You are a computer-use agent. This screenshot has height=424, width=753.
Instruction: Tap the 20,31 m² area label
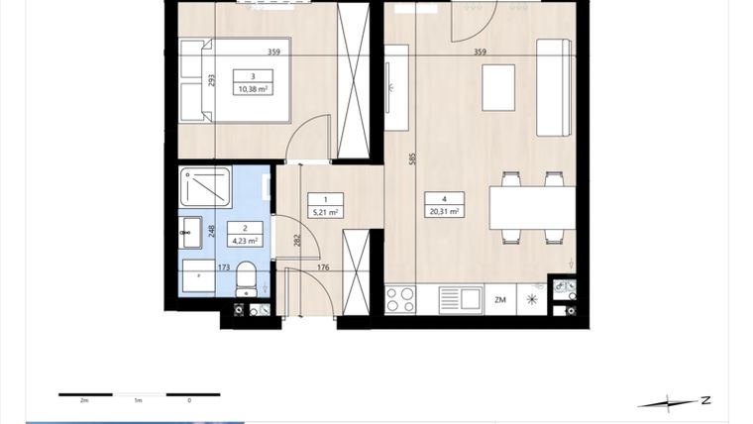443,211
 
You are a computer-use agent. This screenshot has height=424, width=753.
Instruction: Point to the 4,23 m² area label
245,240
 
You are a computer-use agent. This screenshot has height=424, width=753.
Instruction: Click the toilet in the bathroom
248,279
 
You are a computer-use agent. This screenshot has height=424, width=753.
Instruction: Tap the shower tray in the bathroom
205,186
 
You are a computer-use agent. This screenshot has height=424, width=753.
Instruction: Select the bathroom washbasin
189,235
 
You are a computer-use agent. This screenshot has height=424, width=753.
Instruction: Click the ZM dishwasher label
500,298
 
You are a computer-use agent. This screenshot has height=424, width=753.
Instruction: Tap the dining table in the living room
532,208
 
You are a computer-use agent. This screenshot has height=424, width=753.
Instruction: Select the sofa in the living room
554,87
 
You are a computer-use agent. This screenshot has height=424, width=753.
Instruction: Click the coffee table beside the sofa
499,87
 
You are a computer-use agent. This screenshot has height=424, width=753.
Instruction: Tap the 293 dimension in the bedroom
211,81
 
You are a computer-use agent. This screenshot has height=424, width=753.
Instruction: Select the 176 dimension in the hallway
322,267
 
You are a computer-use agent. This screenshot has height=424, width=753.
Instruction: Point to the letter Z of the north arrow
705,400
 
